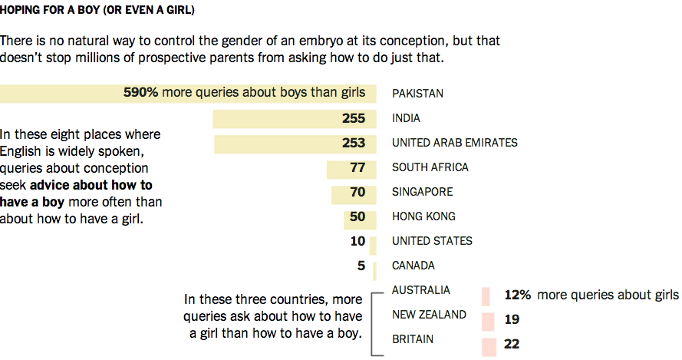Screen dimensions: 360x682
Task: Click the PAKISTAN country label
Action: tap(417, 94)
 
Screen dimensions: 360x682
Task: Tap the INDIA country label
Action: tap(407, 118)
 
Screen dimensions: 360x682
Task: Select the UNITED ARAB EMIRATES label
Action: tap(454, 143)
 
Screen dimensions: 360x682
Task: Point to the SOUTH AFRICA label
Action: tap(430, 167)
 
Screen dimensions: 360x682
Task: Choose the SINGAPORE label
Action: tap(422, 192)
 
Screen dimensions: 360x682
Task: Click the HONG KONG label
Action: tap(423, 216)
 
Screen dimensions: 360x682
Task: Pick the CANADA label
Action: tap(413, 266)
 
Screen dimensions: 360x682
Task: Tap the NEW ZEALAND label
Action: tap(429, 315)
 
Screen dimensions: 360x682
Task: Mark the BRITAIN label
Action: tap(412, 339)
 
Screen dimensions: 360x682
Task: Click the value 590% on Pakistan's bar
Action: tap(141, 93)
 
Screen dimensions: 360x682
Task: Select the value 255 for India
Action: tap(354, 118)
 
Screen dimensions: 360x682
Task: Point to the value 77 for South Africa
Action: tap(357, 167)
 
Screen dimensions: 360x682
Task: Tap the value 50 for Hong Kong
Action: tap(357, 216)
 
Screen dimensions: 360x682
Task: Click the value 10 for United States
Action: tap(357, 241)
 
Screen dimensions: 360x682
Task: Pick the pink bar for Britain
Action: tap(487, 346)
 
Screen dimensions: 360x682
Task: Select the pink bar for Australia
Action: tap(486, 296)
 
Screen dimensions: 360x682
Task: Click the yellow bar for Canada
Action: tap(374, 271)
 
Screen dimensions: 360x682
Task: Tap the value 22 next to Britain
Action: tap(512, 345)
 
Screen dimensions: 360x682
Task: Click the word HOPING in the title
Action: tap(20, 12)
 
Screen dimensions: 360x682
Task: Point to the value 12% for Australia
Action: tap(518, 295)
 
